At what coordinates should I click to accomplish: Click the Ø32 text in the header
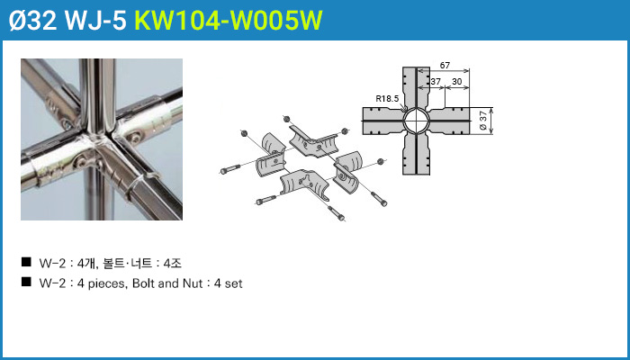tap(32, 20)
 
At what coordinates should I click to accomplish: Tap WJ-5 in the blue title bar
tap(95, 20)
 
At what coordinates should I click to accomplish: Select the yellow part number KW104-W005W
tap(228, 20)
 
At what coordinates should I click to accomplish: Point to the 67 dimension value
tap(445, 66)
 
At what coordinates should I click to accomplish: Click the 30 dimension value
tap(456, 81)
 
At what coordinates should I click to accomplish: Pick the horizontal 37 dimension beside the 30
tap(436, 81)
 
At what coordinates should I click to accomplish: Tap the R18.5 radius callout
tap(386, 97)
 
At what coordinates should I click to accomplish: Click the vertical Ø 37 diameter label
tap(483, 121)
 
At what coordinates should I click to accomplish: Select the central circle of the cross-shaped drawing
tap(416, 121)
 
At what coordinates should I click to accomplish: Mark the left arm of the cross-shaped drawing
tap(382, 121)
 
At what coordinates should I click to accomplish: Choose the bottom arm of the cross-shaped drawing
tap(416, 154)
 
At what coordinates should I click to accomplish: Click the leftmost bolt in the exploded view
tap(230, 169)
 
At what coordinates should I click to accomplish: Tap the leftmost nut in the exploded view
tap(243, 133)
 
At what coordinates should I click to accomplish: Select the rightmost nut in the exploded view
tap(381, 161)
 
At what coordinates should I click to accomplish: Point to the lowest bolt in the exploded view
tap(337, 213)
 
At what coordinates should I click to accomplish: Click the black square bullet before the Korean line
tap(26, 263)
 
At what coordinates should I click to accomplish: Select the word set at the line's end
tap(235, 283)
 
